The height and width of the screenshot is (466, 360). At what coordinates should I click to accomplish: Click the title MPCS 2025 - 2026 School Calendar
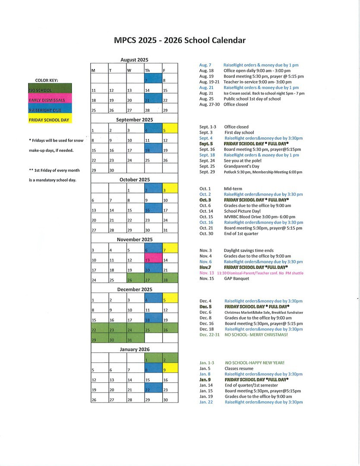click(x=180, y=41)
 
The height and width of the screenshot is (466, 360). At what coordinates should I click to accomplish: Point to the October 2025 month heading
click(x=134, y=179)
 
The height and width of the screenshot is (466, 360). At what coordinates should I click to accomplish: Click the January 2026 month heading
click(x=134, y=349)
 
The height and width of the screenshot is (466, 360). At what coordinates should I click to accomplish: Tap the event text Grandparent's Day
click(x=243, y=166)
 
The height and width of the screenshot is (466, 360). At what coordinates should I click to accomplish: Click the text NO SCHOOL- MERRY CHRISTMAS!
click(x=256, y=334)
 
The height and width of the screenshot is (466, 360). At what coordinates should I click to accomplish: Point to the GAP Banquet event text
click(x=236, y=278)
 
